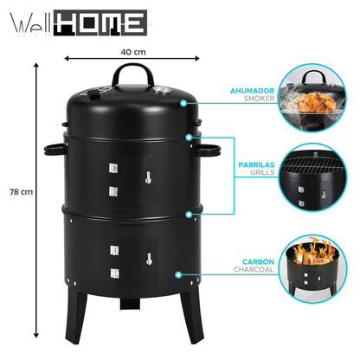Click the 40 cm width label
pos(132,51)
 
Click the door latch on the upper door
pos(147,180)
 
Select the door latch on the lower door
pos(148,257)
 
